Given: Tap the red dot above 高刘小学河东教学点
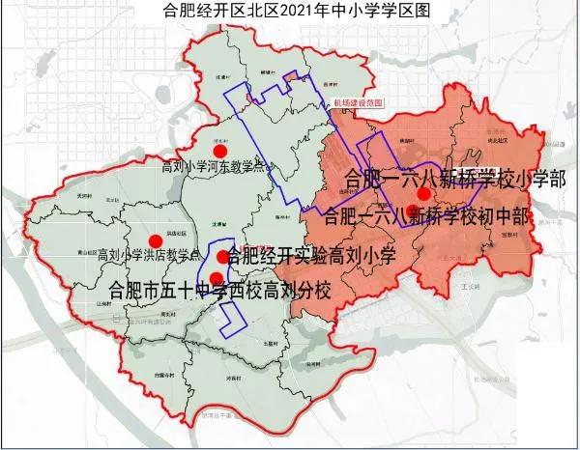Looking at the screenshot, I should pos(221,151).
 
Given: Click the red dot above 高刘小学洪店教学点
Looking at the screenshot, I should pos(154,241).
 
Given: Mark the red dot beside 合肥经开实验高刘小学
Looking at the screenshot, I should pos(223,256).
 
